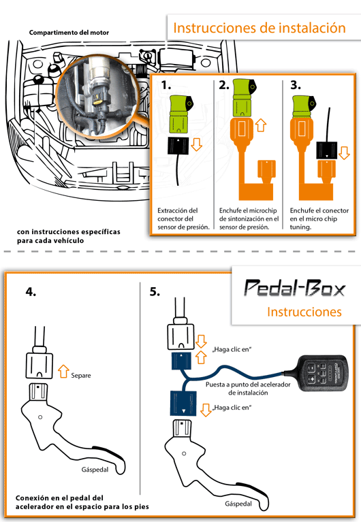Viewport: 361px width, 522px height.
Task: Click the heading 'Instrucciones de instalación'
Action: [260, 28]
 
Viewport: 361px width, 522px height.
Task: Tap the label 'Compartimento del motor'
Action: [69, 33]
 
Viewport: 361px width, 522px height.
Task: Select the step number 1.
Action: [166, 85]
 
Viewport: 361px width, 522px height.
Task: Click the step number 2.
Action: [224, 85]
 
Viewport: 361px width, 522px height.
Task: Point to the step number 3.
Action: [296, 85]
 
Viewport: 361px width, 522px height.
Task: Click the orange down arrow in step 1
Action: [196, 144]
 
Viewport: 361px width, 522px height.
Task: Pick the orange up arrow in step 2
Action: [261, 125]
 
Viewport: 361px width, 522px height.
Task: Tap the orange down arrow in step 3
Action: [344, 153]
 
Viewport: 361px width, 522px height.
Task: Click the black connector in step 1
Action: [178, 146]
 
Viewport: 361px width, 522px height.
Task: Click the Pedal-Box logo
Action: [295, 288]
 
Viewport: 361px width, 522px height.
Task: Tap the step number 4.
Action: [31, 292]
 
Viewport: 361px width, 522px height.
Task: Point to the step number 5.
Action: [155, 292]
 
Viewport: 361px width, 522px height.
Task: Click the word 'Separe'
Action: [81, 376]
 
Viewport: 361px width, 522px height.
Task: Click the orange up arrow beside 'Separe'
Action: [63, 372]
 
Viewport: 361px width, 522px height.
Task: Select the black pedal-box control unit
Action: [322, 373]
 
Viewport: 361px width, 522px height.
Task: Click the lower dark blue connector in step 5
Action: [183, 403]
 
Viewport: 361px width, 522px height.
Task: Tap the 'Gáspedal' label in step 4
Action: [95, 470]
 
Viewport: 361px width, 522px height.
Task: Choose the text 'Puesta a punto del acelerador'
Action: [248, 385]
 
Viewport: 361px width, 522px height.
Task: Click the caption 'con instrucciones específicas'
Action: [69, 232]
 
